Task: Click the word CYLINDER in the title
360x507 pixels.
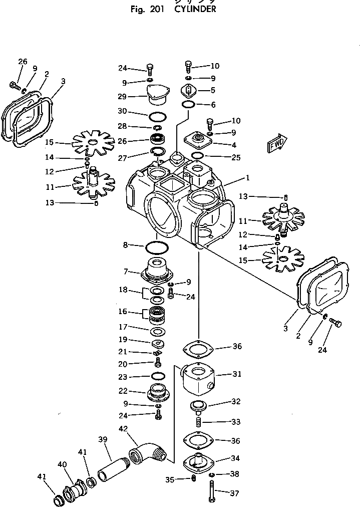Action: point(195,9)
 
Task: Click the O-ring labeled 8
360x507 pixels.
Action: point(156,247)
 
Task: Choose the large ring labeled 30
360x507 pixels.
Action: point(157,118)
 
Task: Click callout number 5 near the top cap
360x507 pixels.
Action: point(213,91)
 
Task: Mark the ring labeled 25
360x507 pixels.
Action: point(198,157)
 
